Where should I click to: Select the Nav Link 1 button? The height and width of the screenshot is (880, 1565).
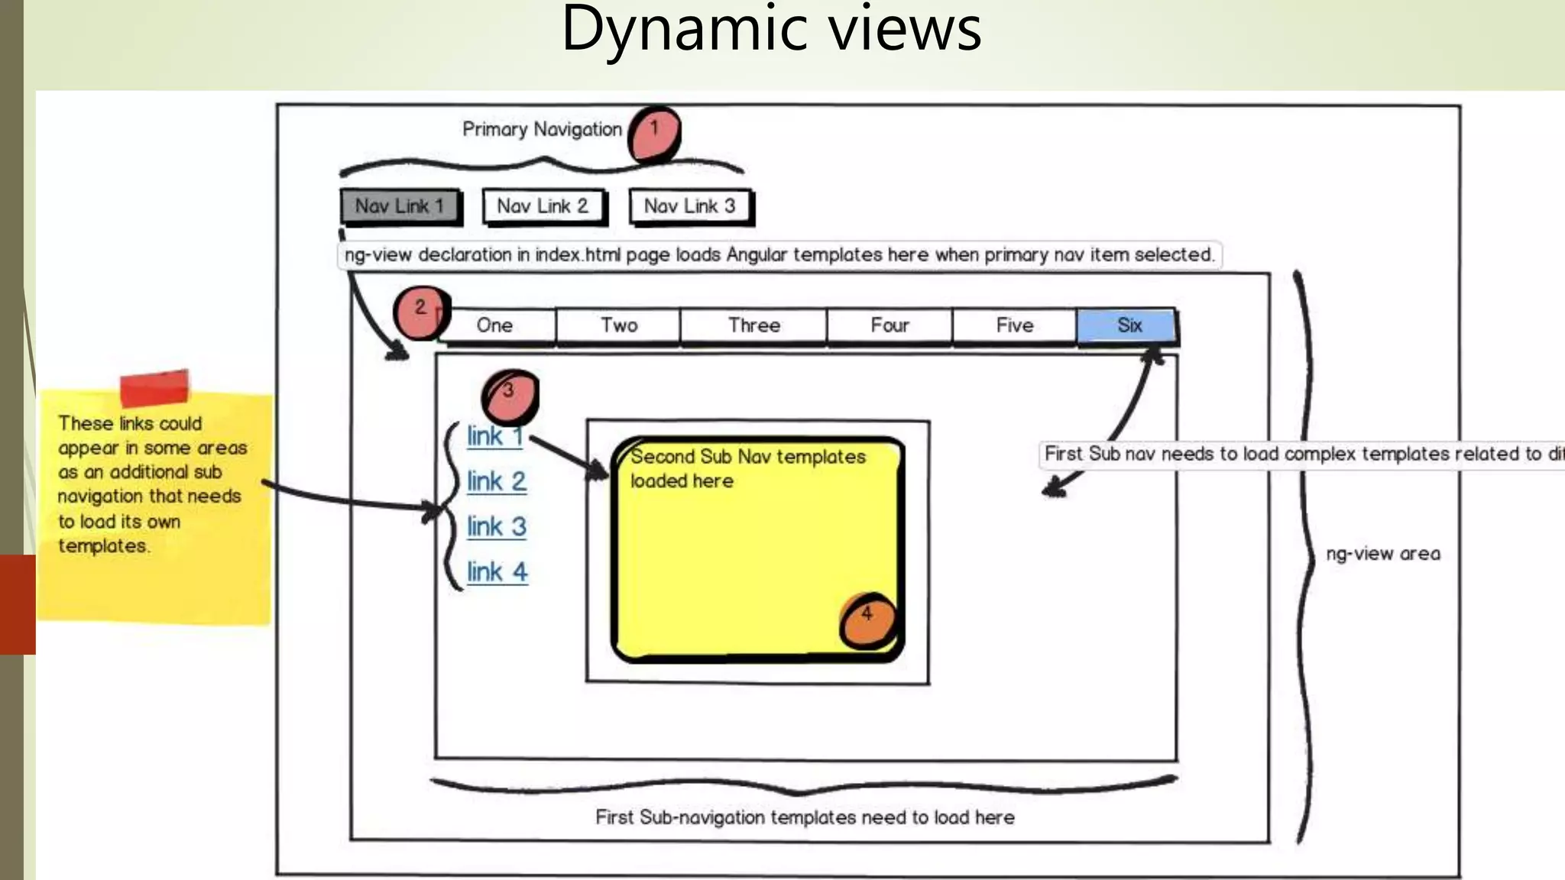[x=400, y=206]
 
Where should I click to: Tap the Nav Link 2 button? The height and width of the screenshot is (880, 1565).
[x=543, y=206]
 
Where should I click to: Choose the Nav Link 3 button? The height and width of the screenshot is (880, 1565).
[x=689, y=206]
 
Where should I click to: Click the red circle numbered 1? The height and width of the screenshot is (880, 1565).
[x=654, y=134]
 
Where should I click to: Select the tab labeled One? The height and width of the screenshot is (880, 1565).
[x=495, y=325]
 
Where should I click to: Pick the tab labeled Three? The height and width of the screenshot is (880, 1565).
[x=754, y=325]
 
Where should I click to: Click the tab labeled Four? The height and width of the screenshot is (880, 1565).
[x=890, y=325]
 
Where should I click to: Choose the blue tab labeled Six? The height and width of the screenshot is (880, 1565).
[x=1128, y=325]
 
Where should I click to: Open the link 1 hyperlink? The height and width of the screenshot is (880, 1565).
[x=495, y=437]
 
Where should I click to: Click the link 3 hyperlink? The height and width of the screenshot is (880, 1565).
[x=497, y=527]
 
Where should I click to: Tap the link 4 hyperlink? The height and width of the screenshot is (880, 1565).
[x=497, y=572]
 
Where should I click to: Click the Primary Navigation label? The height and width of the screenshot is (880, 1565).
[x=542, y=130]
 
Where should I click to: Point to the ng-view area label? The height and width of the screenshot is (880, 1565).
[x=1383, y=554]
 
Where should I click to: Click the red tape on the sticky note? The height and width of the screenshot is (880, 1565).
[x=154, y=388]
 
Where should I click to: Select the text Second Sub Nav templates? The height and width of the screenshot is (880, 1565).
[x=748, y=457]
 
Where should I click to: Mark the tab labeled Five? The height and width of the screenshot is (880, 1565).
[x=1015, y=325]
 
